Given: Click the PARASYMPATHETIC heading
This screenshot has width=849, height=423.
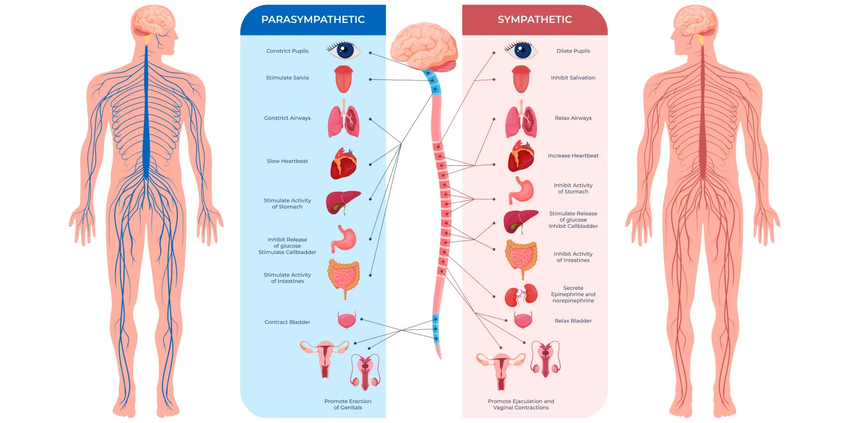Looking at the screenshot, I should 313,20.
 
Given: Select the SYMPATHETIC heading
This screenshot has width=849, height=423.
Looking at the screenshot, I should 535,20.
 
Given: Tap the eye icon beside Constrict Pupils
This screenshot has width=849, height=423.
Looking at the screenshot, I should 344,51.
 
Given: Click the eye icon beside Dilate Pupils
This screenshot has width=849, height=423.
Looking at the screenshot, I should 521,51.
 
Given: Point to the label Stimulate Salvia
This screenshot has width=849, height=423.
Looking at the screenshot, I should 287,78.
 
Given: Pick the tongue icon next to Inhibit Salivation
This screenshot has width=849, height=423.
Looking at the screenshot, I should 520,79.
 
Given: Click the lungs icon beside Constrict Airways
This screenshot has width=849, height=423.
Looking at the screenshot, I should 344,121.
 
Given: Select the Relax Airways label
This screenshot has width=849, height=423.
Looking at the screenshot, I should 573,118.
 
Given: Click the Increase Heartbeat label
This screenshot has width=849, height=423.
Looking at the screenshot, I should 573,156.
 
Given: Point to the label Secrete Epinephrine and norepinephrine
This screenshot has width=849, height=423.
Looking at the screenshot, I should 573,294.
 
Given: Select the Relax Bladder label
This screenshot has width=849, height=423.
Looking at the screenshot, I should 573,321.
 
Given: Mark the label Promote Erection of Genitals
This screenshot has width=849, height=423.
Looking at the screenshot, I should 348,405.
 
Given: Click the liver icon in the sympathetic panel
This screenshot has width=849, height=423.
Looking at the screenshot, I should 520,221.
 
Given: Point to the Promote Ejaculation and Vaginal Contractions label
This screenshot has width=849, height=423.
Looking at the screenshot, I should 521,405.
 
